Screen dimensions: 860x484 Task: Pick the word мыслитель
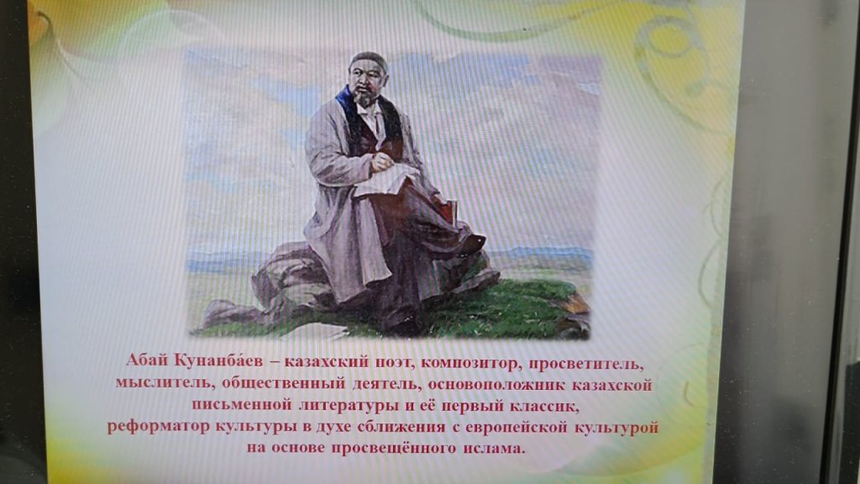164,382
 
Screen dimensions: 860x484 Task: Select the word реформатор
158,427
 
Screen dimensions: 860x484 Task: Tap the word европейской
512,428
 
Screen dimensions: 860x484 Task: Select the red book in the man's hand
445,211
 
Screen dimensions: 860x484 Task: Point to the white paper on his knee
385,181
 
